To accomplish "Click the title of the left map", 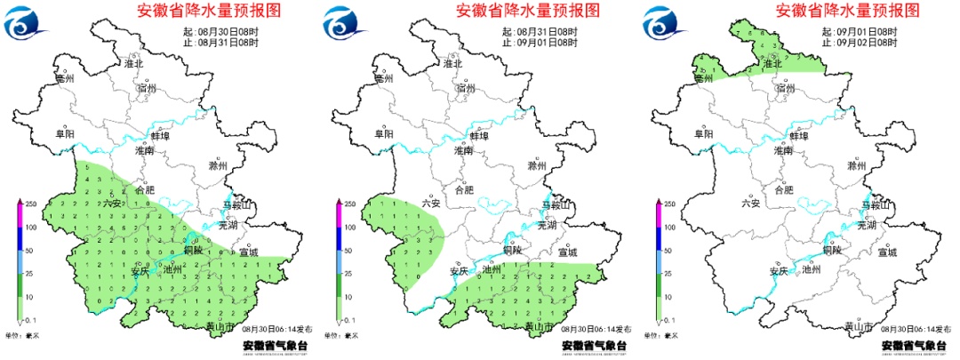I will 209,11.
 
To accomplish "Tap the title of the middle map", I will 527,11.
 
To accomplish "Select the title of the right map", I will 847,11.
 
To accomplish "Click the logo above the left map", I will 27,20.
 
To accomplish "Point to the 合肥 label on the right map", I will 783,189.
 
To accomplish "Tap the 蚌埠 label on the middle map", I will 479,136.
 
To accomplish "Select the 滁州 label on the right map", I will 857,165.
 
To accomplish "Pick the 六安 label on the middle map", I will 431,204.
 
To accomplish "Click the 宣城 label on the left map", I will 248,252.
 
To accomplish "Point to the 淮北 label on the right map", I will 774,63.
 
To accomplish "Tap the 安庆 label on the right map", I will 780,271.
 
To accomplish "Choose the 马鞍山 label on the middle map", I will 555,206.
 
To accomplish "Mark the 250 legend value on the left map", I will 30,204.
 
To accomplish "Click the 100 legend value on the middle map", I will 350,228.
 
